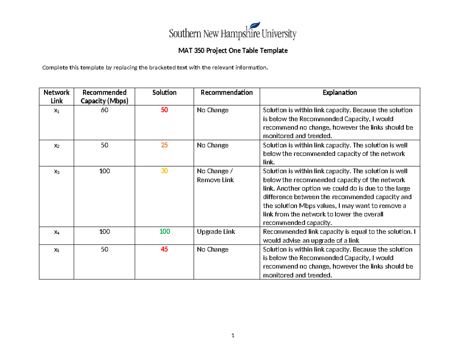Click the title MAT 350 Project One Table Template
pos(233,51)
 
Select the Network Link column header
pos(56,97)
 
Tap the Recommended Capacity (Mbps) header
pos(104,97)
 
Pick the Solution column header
pos(164,93)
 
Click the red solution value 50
pos(164,110)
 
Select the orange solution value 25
pos(164,145)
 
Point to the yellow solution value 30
pos(164,171)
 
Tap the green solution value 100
pos(164,231)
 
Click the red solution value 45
pos(164,249)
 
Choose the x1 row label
pos(56,111)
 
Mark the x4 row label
pos(56,232)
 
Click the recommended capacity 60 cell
pos(104,110)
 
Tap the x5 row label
pos(56,250)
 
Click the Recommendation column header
pos(226,93)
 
